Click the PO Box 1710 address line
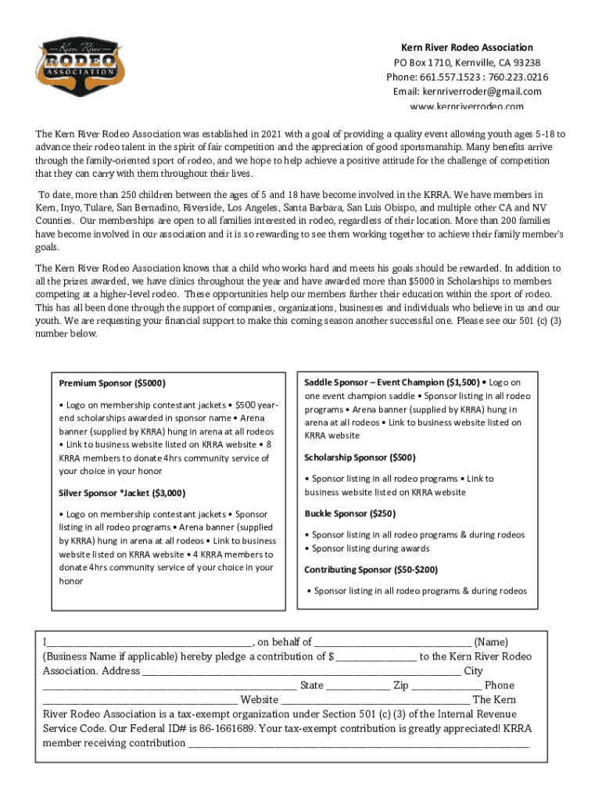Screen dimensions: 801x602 [467, 63]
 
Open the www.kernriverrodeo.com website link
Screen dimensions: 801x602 [467, 106]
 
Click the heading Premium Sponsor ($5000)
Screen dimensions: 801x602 [112, 383]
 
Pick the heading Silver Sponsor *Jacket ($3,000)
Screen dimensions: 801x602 [122, 493]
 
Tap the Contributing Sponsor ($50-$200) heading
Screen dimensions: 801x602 [371, 569]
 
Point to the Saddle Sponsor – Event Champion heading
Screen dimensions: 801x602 [392, 383]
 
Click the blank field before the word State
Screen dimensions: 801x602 [170, 685]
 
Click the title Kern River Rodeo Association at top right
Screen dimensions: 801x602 [467, 48]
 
